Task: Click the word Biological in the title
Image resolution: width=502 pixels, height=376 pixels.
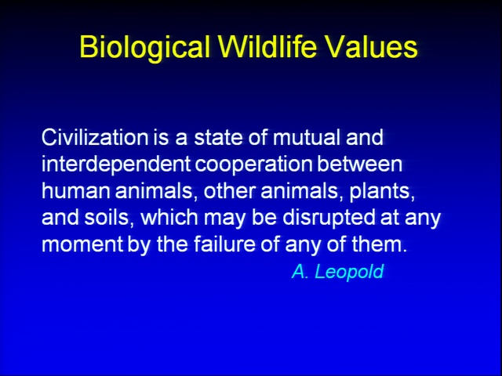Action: [x=144, y=47]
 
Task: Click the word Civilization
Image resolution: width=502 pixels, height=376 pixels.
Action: [x=95, y=137]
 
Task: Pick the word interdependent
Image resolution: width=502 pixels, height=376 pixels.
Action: [x=116, y=164]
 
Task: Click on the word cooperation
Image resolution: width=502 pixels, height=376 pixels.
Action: [x=253, y=165]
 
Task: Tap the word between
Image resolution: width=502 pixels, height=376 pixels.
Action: [x=359, y=164]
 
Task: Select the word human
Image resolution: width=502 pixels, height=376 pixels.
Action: [x=76, y=191]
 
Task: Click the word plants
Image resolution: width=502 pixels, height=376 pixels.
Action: [x=382, y=192]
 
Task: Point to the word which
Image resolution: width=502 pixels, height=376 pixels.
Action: [x=169, y=218]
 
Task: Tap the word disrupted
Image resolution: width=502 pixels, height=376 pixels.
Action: [x=329, y=219]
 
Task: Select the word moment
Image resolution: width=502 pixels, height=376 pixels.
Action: [x=82, y=245]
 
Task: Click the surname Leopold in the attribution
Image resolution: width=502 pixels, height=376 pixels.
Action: [x=349, y=272]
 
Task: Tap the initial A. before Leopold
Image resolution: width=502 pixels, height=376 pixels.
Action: [x=300, y=272]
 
